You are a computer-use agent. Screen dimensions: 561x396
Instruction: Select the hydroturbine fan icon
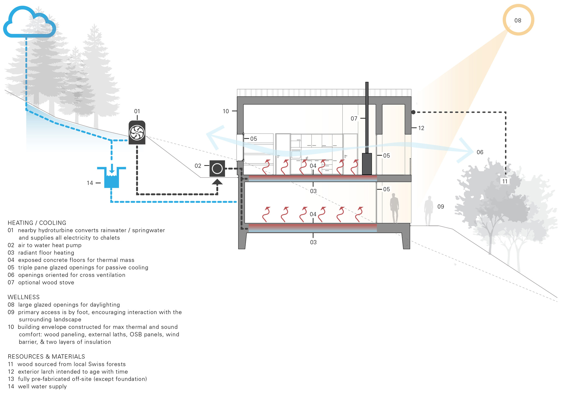click(x=137, y=133)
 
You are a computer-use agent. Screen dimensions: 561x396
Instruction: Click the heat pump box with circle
click(x=217, y=169)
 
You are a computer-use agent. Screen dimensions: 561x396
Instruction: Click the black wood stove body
click(x=367, y=164)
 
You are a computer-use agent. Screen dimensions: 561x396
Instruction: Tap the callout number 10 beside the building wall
click(x=226, y=111)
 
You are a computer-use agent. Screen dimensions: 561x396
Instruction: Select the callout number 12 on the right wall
click(x=421, y=128)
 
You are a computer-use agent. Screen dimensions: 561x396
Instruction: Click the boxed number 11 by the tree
click(x=505, y=181)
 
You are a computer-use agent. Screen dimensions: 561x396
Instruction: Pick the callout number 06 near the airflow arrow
click(x=480, y=152)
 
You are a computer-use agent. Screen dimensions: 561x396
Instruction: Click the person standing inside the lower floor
click(x=394, y=208)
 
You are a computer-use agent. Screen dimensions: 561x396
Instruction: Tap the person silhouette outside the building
click(x=429, y=210)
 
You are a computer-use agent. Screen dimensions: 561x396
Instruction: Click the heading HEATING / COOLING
click(x=37, y=223)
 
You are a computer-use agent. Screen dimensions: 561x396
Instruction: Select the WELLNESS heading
click(x=24, y=297)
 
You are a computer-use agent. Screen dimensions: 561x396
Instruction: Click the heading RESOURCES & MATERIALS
click(x=46, y=357)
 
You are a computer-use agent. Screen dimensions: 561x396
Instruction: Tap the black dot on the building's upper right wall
click(x=413, y=112)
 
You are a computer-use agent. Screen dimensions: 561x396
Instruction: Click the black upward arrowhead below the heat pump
click(x=217, y=182)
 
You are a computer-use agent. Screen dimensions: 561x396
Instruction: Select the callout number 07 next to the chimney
click(x=354, y=119)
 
